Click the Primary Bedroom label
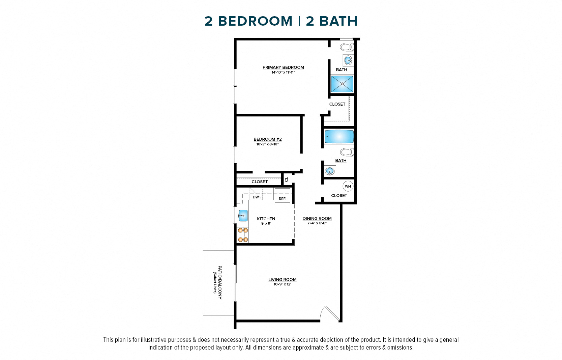pyautogui.click(x=283, y=67)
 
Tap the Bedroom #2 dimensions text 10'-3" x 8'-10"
pyautogui.click(x=267, y=144)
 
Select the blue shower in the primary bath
pyautogui.click(x=342, y=84)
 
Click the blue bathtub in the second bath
pyautogui.click(x=339, y=137)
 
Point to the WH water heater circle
pyautogui.click(x=348, y=186)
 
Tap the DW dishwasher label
pyautogui.click(x=256, y=197)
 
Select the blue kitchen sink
pyautogui.click(x=243, y=215)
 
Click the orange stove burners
pyautogui.click(x=243, y=235)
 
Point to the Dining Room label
pyautogui.click(x=317, y=219)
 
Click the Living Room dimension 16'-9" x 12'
pyautogui.click(x=282, y=284)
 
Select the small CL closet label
pyautogui.click(x=287, y=179)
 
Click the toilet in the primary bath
pyautogui.click(x=347, y=47)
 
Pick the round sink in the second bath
pyautogui.click(x=330, y=171)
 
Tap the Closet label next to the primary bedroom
pyautogui.click(x=337, y=104)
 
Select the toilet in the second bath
pyautogui.click(x=347, y=152)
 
